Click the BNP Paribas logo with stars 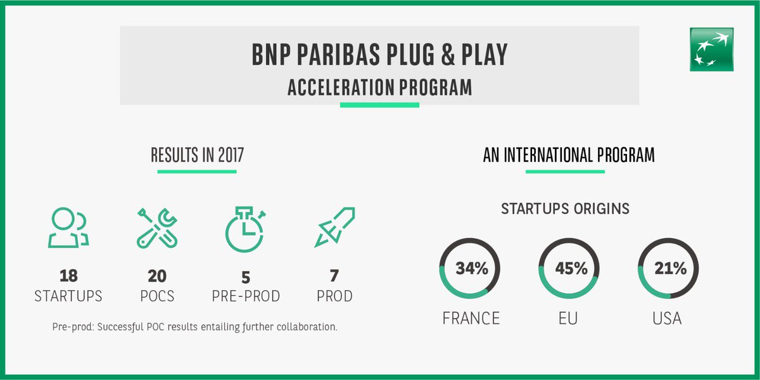point(712,49)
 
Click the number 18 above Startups point(68,277)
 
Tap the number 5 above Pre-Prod point(245,277)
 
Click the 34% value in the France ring point(471,269)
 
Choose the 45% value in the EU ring point(571,269)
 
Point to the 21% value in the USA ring point(670,269)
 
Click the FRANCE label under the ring point(471,318)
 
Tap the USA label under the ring point(667,318)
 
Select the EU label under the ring point(568,318)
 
